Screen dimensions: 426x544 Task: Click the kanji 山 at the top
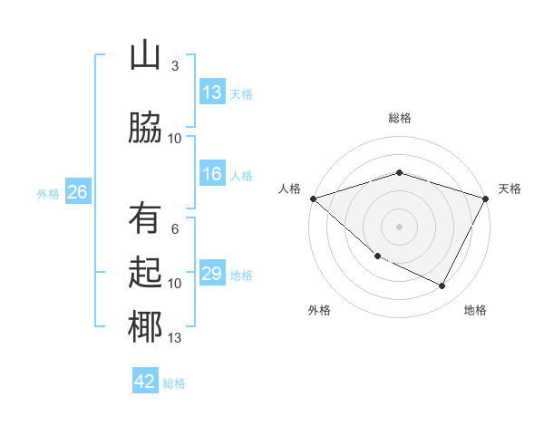[145, 56]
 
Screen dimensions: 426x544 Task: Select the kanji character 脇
[145, 128]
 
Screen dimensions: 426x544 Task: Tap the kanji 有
[145, 218]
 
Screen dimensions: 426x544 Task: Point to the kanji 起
[145, 273]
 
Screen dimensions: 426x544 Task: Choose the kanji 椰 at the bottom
[145, 328]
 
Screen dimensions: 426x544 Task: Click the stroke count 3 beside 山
[174, 66]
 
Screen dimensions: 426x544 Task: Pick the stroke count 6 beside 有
[174, 228]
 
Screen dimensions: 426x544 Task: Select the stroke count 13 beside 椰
[174, 338]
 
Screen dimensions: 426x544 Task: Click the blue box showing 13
[211, 92]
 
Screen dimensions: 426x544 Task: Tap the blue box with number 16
[211, 175]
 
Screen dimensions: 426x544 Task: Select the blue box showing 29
[211, 275]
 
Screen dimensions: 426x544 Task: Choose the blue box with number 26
[77, 192]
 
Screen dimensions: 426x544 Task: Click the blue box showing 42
[145, 382]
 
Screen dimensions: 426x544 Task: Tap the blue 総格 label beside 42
[174, 383]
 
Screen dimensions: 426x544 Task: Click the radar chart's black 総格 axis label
[399, 118]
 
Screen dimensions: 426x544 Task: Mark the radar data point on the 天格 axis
[486, 198]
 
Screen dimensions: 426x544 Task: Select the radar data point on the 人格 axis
[313, 198]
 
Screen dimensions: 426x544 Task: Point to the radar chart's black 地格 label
[475, 310]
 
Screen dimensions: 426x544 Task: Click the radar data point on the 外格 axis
[377, 257]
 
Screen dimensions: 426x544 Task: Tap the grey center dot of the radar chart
[399, 227]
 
